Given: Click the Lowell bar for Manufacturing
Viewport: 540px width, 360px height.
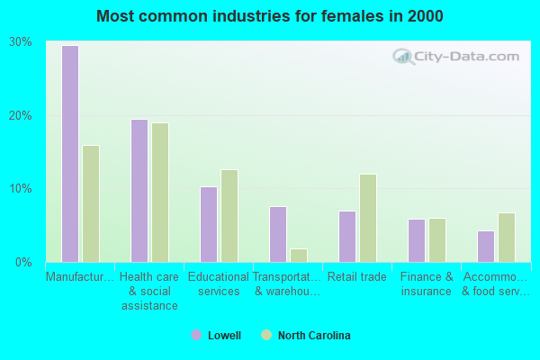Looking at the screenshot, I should coord(69,154).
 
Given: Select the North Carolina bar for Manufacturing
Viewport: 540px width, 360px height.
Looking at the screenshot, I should coord(91,203).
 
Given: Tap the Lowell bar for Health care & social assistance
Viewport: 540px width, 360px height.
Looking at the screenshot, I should coord(139,191).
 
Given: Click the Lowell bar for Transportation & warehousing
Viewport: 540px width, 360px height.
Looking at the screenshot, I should coord(278,234).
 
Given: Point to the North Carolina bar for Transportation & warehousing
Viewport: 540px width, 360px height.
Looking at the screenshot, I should coord(299,256).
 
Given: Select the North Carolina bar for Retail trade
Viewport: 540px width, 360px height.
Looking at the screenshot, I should coord(368,218).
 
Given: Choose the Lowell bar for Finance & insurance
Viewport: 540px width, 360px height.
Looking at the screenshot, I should coord(416,240).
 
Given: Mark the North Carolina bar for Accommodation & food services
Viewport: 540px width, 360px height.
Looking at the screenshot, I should coord(507,238).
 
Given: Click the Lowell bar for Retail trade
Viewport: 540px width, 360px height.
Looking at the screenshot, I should coord(347,237).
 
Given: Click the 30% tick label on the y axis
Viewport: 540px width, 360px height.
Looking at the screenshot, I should coord(21,42).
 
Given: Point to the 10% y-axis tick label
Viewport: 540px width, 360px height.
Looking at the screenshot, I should coord(21,189).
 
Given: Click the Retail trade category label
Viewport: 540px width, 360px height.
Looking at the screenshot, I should coord(357,277).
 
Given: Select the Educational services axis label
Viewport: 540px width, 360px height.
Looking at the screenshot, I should coord(219,284).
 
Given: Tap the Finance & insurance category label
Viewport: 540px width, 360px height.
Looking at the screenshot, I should coord(427,284).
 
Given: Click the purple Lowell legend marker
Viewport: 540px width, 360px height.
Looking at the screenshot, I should coord(196,336).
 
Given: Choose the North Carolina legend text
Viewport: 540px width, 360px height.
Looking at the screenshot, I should coord(314,336).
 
